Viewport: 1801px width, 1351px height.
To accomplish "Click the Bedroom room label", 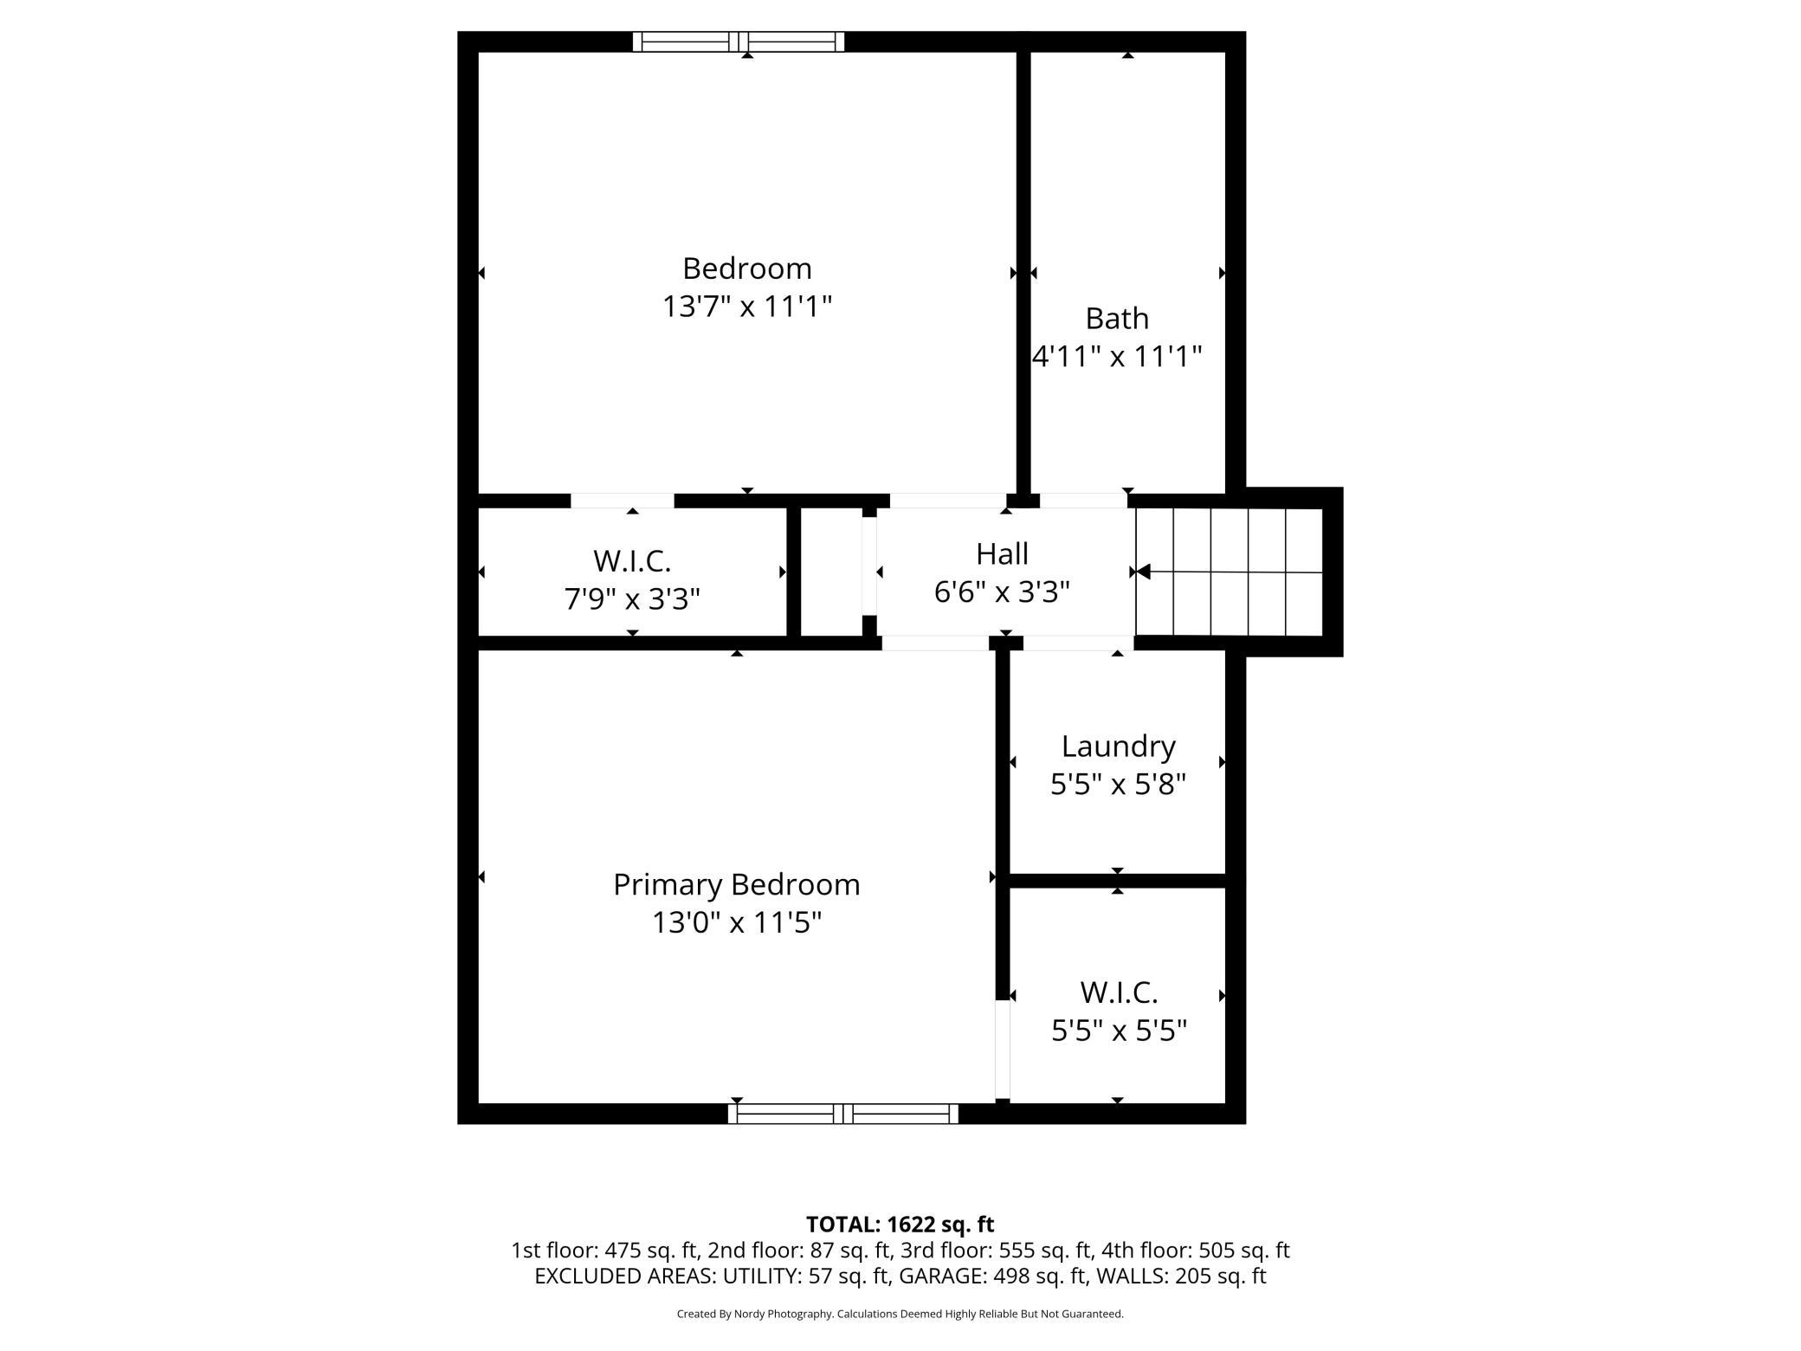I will pyautogui.click(x=746, y=268).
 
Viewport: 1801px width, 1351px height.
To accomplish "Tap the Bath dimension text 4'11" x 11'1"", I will pyautogui.click(x=1117, y=356).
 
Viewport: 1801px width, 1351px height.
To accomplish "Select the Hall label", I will pyautogui.click(x=1002, y=553).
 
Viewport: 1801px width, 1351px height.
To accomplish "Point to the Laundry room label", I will pyautogui.click(x=1118, y=746).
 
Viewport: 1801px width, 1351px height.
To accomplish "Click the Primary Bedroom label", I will pyautogui.click(x=736, y=884).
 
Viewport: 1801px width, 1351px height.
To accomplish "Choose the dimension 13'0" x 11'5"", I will pyautogui.click(x=736, y=923).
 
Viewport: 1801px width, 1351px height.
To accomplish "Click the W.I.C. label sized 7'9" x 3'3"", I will pyautogui.click(x=632, y=561).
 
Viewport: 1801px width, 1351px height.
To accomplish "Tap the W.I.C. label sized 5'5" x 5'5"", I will pyautogui.click(x=1119, y=992).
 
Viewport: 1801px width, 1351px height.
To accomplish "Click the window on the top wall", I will pyautogui.click(x=738, y=42).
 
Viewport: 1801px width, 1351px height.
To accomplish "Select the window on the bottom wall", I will pyautogui.click(x=842, y=1114).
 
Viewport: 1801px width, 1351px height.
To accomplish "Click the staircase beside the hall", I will pyautogui.click(x=1230, y=572).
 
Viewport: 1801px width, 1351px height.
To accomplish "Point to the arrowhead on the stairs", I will pyautogui.click(x=1142, y=572).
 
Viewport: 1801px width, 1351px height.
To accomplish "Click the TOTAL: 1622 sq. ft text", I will pyautogui.click(x=900, y=1224).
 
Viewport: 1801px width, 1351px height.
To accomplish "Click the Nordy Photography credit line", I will pyautogui.click(x=900, y=1314).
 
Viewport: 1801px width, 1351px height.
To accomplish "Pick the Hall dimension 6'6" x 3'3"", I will pyautogui.click(x=1002, y=592).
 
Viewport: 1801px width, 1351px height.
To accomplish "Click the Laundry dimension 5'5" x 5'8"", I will pyautogui.click(x=1118, y=785).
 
